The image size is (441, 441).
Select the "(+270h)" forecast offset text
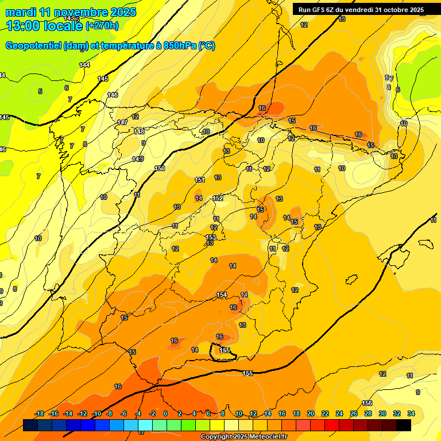(102, 26)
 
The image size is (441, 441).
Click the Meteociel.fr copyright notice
(243, 437)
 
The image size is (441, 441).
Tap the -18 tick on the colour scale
(39, 413)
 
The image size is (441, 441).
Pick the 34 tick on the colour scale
(411, 413)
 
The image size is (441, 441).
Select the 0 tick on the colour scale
(165, 413)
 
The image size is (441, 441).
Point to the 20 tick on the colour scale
(311, 413)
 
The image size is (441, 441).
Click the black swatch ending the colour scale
(404, 425)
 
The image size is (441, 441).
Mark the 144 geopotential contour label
(84, 65)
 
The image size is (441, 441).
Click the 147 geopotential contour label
(122, 122)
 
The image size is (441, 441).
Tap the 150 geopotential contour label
(160, 168)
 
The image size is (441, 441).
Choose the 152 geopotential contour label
(218, 198)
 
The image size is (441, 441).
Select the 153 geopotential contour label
(211, 237)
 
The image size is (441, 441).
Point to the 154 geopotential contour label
(222, 295)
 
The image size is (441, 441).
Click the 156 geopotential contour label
(367, 403)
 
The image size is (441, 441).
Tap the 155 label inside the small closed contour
(225, 350)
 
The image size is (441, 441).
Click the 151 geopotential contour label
(199, 180)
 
